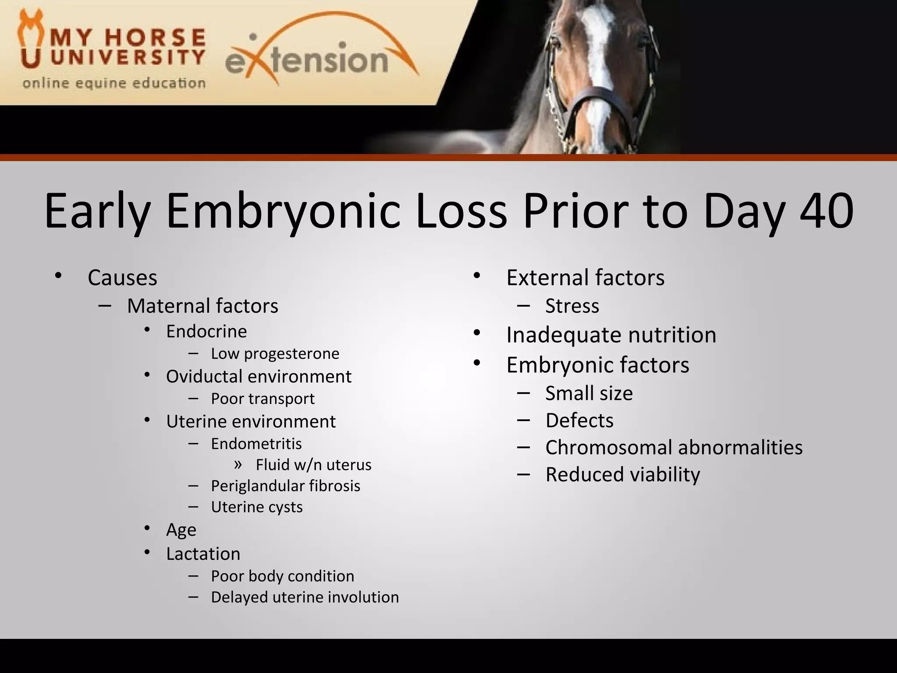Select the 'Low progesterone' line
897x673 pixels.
click(x=275, y=354)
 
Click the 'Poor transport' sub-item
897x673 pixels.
click(x=262, y=399)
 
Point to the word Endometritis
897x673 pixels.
click(x=256, y=444)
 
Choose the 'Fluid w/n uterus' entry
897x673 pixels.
click(x=313, y=465)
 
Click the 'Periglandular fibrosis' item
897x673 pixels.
click(x=285, y=486)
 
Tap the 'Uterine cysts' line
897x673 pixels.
click(x=257, y=507)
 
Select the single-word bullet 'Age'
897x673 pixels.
click(x=181, y=530)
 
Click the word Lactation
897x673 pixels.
click(x=203, y=554)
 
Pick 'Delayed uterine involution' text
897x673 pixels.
click(x=305, y=597)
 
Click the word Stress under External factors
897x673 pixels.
click(x=572, y=306)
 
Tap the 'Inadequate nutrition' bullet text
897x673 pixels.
click(x=611, y=335)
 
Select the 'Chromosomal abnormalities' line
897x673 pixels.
click(x=674, y=447)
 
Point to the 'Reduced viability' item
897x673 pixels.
click(x=622, y=475)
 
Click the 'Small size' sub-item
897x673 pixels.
click(x=589, y=393)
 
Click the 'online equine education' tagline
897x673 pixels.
click(x=114, y=83)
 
